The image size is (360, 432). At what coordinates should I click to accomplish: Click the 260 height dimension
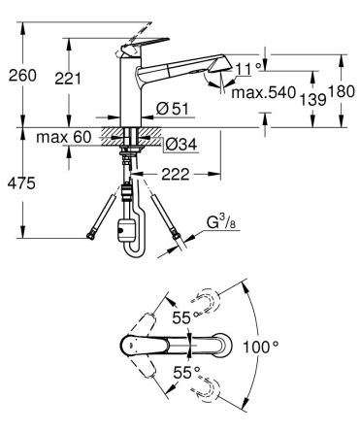(x=22, y=76)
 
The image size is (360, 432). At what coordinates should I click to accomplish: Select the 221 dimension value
(x=68, y=79)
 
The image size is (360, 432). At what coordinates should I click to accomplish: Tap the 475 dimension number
(x=21, y=183)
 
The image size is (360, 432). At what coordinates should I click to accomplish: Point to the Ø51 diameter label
(x=172, y=109)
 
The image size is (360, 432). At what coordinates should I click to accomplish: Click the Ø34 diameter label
(x=180, y=145)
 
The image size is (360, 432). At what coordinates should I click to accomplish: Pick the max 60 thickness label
(x=64, y=137)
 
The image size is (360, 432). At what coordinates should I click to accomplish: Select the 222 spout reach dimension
(x=176, y=175)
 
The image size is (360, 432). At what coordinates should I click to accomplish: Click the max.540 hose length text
(x=264, y=93)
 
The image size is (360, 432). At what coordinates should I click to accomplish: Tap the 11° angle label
(x=248, y=69)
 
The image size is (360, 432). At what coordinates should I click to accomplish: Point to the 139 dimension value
(x=312, y=99)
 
